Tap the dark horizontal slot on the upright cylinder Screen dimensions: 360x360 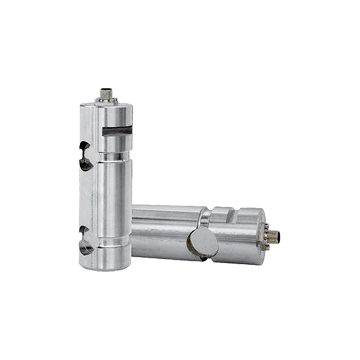coord(118,130)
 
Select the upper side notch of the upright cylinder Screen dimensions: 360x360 coord(85,155)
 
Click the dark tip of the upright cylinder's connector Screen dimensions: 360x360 coord(106,90)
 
